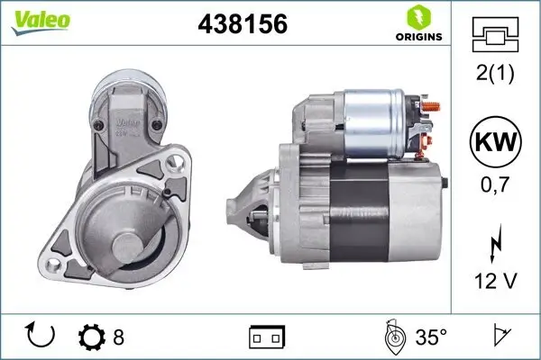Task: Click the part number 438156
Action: [242, 24]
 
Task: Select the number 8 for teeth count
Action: [118, 337]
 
